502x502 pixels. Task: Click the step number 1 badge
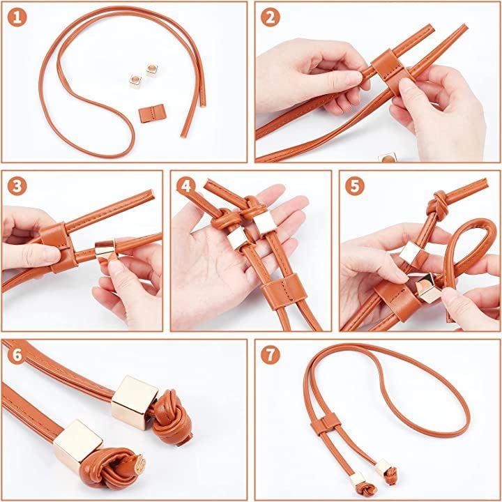(17, 17)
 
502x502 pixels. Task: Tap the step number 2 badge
(271, 17)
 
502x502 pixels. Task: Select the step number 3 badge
(17, 186)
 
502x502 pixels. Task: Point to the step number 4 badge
(186, 186)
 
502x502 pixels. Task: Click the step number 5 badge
(355, 186)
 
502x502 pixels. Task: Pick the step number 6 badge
(17, 355)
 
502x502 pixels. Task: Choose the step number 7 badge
(271, 355)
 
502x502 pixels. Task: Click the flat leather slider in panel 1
(152, 114)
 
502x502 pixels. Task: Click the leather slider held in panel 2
(391, 72)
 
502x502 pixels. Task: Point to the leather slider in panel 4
(284, 291)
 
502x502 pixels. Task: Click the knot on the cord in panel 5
(436, 206)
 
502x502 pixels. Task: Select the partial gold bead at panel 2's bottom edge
(388, 158)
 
